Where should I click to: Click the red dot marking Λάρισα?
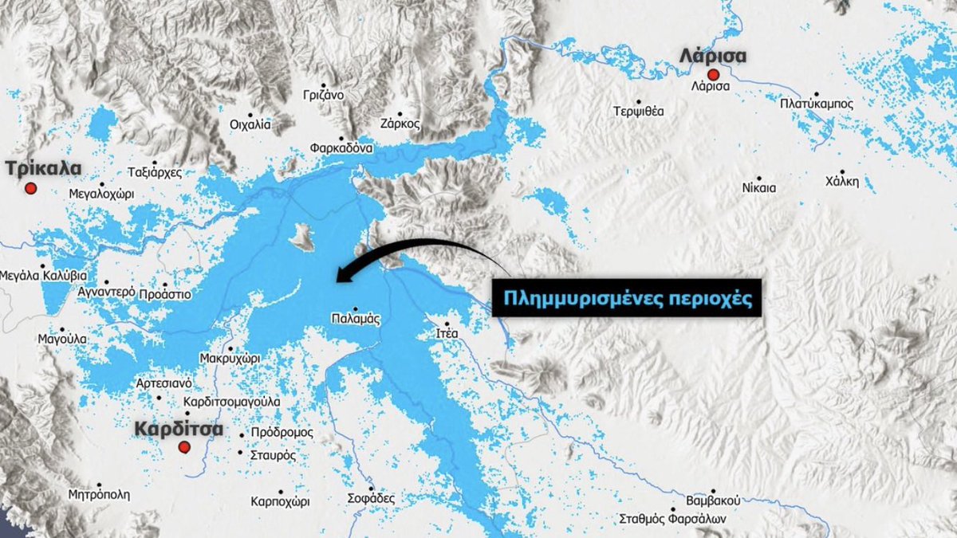pyautogui.click(x=713, y=74)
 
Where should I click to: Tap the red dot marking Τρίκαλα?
pyautogui.click(x=31, y=188)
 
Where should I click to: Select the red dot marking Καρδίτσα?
pyautogui.click(x=184, y=447)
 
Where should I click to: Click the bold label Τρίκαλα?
pyautogui.click(x=43, y=168)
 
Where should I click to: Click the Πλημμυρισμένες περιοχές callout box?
pyautogui.click(x=626, y=297)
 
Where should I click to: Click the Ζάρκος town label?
pyautogui.click(x=400, y=124)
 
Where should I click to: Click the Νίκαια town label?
pyautogui.click(x=758, y=188)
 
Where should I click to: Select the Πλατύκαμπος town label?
pyautogui.click(x=817, y=104)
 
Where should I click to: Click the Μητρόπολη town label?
pyautogui.click(x=99, y=494)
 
